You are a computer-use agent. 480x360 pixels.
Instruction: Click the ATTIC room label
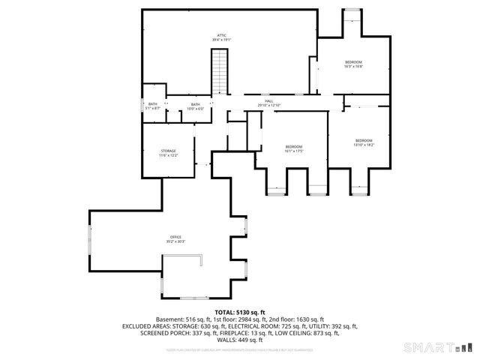click(x=222, y=35)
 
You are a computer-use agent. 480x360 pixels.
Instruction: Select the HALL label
click(x=268, y=100)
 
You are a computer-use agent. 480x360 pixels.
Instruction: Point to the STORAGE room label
click(x=167, y=151)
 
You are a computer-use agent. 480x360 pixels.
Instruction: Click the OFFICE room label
click(x=175, y=237)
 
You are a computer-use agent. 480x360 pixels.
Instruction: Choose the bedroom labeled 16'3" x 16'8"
click(x=353, y=61)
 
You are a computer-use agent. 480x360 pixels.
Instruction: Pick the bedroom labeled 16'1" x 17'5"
click(x=293, y=146)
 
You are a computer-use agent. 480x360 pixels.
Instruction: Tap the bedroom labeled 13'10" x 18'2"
click(x=364, y=141)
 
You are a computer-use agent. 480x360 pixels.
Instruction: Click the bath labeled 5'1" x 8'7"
click(x=153, y=104)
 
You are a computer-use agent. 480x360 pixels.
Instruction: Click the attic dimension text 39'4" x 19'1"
click(x=222, y=40)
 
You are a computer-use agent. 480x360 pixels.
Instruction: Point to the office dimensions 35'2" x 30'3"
click(x=175, y=241)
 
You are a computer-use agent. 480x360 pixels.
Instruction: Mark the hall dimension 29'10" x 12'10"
click(x=268, y=105)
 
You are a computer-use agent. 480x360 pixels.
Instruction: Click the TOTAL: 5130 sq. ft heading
click(x=240, y=312)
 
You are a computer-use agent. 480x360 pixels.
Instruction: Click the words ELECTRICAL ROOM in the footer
click(x=253, y=326)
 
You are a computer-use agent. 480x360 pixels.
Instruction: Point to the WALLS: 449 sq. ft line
click(x=240, y=340)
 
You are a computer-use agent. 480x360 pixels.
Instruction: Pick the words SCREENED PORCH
click(x=161, y=333)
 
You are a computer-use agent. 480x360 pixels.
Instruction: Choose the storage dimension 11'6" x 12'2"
click(x=167, y=155)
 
